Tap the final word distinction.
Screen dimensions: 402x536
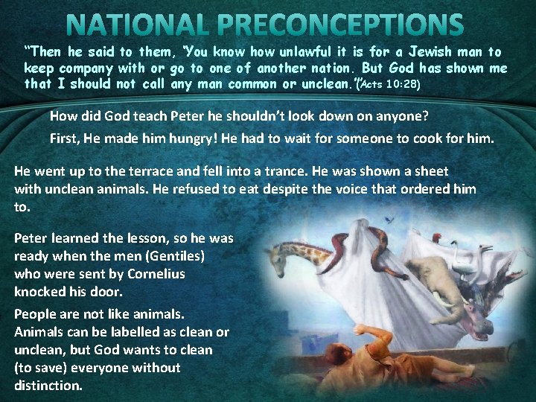(48, 386)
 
